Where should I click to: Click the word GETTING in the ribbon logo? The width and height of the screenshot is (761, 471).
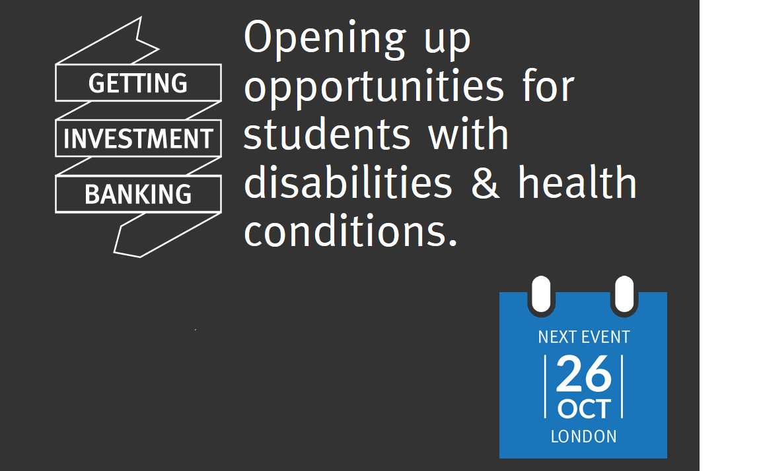[x=138, y=83]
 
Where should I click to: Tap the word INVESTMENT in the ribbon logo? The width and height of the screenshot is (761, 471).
[x=138, y=139]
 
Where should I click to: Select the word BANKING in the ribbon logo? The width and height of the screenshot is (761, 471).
[x=138, y=195]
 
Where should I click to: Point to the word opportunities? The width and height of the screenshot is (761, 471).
[x=374, y=87]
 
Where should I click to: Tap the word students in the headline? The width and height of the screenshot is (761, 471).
[x=327, y=134]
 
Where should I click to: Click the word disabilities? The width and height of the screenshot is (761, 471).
[x=348, y=182]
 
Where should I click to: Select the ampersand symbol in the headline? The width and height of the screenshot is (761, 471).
[x=486, y=183]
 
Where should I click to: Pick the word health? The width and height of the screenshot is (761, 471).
[x=577, y=182]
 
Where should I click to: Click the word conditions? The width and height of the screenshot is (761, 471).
[x=351, y=231]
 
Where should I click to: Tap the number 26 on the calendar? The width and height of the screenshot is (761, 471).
[x=583, y=373]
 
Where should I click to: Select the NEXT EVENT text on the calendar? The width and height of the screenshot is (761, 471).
[x=584, y=337]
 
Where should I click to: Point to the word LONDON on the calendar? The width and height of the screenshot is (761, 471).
[x=584, y=437]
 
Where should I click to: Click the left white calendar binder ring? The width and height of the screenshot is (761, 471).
[x=541, y=295]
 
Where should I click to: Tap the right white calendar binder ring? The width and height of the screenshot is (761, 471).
[x=625, y=295]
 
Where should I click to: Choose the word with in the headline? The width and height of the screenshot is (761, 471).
[x=468, y=133]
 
